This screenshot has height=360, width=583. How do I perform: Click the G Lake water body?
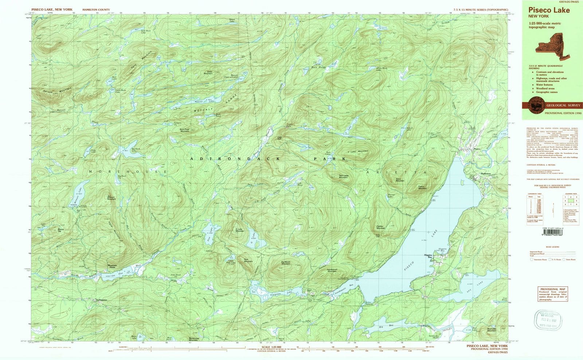pos(255,243)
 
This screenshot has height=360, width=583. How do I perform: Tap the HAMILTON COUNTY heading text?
pos(96,9)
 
